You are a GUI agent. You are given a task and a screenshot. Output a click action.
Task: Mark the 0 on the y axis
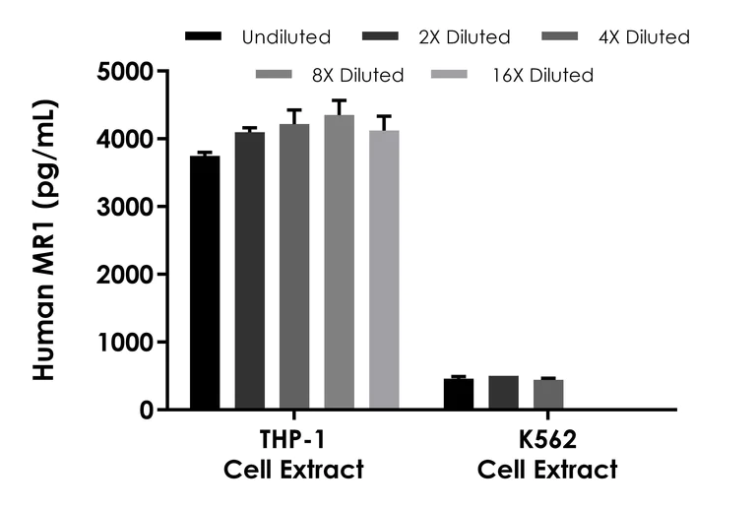point(148,410)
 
